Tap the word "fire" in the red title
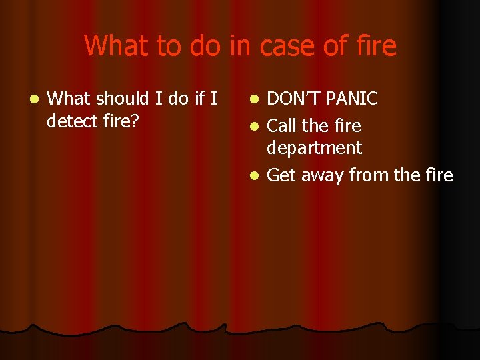click(374, 46)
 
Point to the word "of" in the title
click(333, 46)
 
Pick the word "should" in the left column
click(123, 99)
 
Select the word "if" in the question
click(199, 99)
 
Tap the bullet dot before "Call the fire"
click(253, 126)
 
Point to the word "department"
click(314, 148)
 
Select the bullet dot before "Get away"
click(253, 176)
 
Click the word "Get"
click(281, 175)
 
